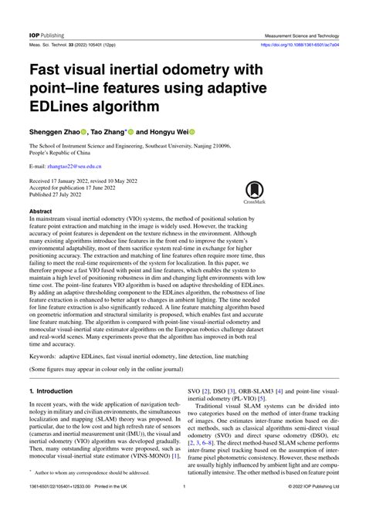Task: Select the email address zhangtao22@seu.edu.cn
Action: pos(75,166)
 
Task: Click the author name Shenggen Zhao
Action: pos(58,131)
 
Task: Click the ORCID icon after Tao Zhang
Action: pos(131,131)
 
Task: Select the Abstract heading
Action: pos(40,211)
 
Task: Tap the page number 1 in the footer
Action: pos(183,509)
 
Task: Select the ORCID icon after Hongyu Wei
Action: pos(191,131)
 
